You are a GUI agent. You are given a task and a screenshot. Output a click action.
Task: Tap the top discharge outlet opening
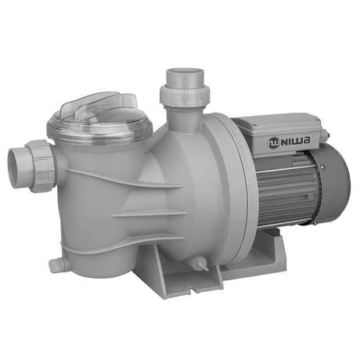[x=182, y=74]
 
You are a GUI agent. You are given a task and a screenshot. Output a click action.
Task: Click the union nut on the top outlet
[x=181, y=95]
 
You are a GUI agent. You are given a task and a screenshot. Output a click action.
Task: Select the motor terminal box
[x=288, y=137]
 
